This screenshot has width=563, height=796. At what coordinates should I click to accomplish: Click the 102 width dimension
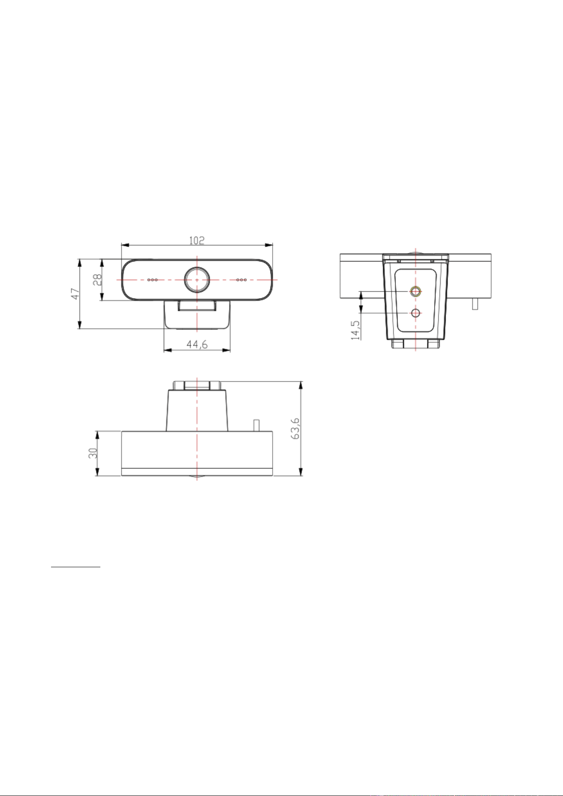click(x=197, y=240)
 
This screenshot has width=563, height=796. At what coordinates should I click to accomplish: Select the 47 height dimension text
click(x=75, y=294)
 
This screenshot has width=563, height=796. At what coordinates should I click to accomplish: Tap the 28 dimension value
click(x=97, y=279)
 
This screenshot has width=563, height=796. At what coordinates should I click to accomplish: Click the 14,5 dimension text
click(x=355, y=330)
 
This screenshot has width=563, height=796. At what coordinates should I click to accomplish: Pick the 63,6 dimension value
click(x=296, y=429)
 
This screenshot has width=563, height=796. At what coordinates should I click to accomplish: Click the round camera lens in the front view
click(x=197, y=279)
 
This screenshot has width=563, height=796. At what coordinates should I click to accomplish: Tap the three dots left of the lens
click(x=153, y=280)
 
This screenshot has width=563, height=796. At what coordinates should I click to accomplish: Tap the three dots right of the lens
click(x=242, y=280)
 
